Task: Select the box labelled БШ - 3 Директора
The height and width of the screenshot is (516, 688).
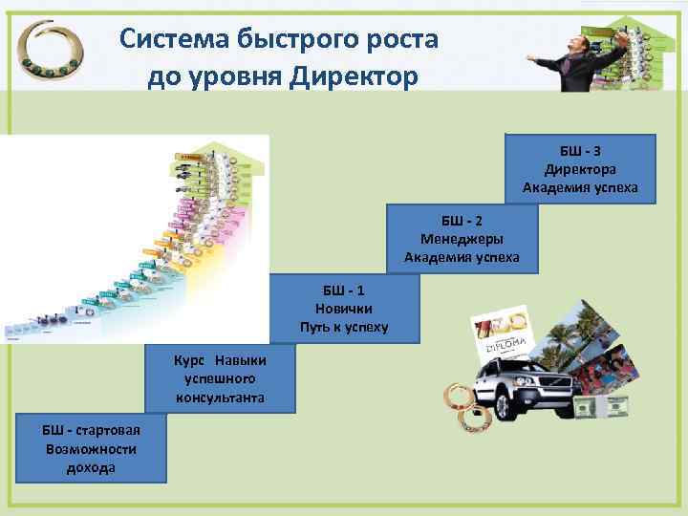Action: coord(587,170)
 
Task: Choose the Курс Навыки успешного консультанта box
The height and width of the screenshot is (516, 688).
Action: coord(221,378)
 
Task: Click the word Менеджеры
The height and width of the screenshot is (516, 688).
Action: coord(462,239)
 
